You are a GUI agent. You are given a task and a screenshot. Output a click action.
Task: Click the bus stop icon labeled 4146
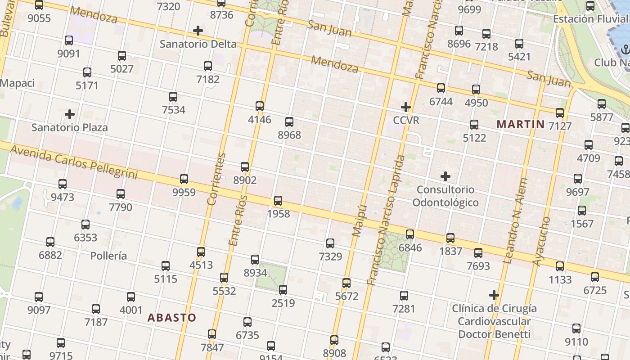pos(260,106)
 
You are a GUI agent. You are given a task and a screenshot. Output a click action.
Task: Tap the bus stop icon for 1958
pos(278,201)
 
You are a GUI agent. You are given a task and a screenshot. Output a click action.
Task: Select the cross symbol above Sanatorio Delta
pos(198,31)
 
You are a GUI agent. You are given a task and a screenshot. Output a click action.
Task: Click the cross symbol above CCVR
pos(405,107)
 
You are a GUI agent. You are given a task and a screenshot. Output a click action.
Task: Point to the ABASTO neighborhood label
pos(172,318)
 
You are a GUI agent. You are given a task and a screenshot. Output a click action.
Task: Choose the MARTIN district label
pos(520,124)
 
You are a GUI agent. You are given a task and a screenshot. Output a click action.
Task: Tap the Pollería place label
pos(108,256)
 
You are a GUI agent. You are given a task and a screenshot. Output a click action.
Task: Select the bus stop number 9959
pos(184,193)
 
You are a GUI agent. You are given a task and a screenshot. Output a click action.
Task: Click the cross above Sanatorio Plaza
pos(69,114)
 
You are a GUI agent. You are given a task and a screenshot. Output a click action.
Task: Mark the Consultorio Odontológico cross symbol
pos(445,176)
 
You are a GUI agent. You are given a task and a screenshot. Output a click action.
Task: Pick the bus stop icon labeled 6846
pos(410,234)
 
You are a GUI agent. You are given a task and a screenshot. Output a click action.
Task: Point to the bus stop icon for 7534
pos(173,96)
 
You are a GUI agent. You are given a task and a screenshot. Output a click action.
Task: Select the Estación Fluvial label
pos(590,19)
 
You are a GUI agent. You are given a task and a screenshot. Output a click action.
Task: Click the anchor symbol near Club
pos(625,49)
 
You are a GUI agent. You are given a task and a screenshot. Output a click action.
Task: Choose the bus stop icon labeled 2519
pos(283,290)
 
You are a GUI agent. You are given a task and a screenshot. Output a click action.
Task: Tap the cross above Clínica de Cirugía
pos(494,295)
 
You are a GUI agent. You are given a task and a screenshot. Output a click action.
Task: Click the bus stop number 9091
pos(68,54)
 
